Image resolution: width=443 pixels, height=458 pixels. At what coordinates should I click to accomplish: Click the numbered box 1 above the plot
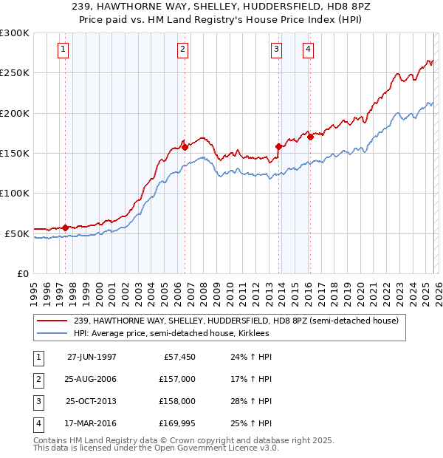(63, 49)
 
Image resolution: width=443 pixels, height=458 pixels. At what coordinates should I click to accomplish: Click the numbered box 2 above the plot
(182, 49)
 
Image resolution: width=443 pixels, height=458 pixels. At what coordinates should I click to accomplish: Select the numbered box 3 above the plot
(276, 49)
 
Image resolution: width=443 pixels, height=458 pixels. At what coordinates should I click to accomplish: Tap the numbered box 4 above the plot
(307, 49)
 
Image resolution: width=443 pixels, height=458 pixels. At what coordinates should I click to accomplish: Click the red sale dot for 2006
(185, 148)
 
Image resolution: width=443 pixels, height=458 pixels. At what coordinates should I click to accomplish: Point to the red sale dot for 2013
(278, 146)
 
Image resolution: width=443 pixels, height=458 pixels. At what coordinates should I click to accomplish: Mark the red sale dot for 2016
(310, 137)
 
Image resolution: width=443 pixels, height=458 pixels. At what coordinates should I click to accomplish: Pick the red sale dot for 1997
(66, 228)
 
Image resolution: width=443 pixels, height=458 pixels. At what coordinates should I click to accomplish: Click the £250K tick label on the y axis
(15, 73)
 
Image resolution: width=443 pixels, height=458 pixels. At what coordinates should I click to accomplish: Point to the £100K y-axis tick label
(15, 193)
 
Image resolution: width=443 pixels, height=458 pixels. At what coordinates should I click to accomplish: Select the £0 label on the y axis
(22, 273)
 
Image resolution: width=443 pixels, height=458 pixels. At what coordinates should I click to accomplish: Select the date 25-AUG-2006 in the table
(92, 379)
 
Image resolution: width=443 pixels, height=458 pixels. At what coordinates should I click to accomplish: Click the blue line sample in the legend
(53, 333)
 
